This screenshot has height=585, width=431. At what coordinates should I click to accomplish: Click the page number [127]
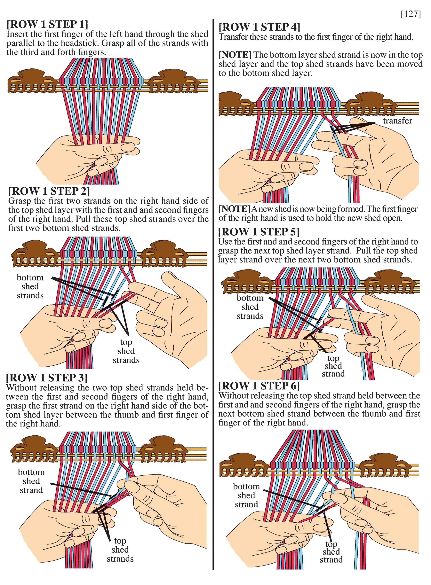(x=411, y=14)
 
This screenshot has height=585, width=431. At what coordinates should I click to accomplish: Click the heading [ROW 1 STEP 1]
(x=47, y=24)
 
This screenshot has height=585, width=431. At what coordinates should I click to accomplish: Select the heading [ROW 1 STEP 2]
(x=49, y=191)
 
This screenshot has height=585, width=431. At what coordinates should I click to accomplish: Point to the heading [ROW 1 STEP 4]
(x=259, y=27)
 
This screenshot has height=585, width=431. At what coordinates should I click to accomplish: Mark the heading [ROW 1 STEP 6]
(x=259, y=386)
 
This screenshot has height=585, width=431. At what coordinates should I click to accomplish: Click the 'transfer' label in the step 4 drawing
(x=398, y=121)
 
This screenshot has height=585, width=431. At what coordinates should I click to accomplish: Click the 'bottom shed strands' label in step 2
(x=30, y=286)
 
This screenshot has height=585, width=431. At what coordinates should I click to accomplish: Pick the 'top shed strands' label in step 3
(x=120, y=550)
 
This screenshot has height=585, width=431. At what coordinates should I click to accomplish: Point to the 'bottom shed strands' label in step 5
(x=250, y=307)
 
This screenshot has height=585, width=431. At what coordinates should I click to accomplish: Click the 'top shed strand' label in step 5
(x=333, y=366)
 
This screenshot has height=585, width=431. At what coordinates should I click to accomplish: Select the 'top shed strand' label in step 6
(x=331, y=552)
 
